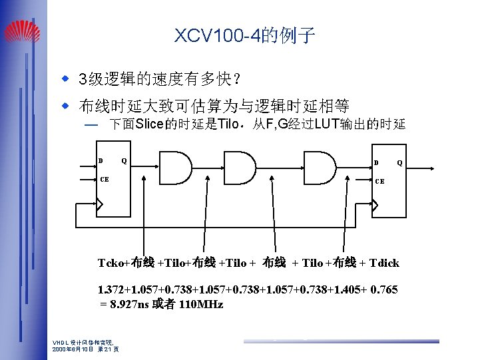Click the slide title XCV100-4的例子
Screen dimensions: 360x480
point(244,35)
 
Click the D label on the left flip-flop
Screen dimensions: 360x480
point(101,161)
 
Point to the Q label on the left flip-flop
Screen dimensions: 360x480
point(124,161)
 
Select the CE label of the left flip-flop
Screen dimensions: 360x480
point(105,180)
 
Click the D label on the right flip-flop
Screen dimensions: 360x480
point(376,162)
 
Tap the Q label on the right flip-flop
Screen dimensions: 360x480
point(399,162)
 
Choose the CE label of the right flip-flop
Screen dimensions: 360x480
point(379,181)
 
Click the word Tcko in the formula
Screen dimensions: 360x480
point(111,263)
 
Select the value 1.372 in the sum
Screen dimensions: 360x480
point(111,290)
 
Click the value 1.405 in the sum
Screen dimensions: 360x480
point(342,290)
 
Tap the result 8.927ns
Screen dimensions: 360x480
point(130,304)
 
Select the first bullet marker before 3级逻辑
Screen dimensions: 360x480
point(65,79)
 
